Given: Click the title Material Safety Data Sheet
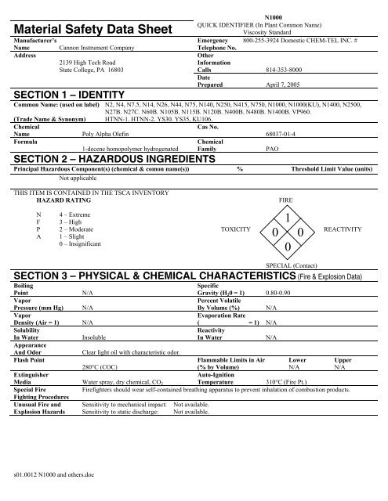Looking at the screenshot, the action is (89, 28).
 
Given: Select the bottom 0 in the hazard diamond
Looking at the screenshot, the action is (289, 247).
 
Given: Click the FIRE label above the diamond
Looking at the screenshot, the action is (289, 201).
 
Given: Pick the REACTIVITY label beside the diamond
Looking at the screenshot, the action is (346, 232).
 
